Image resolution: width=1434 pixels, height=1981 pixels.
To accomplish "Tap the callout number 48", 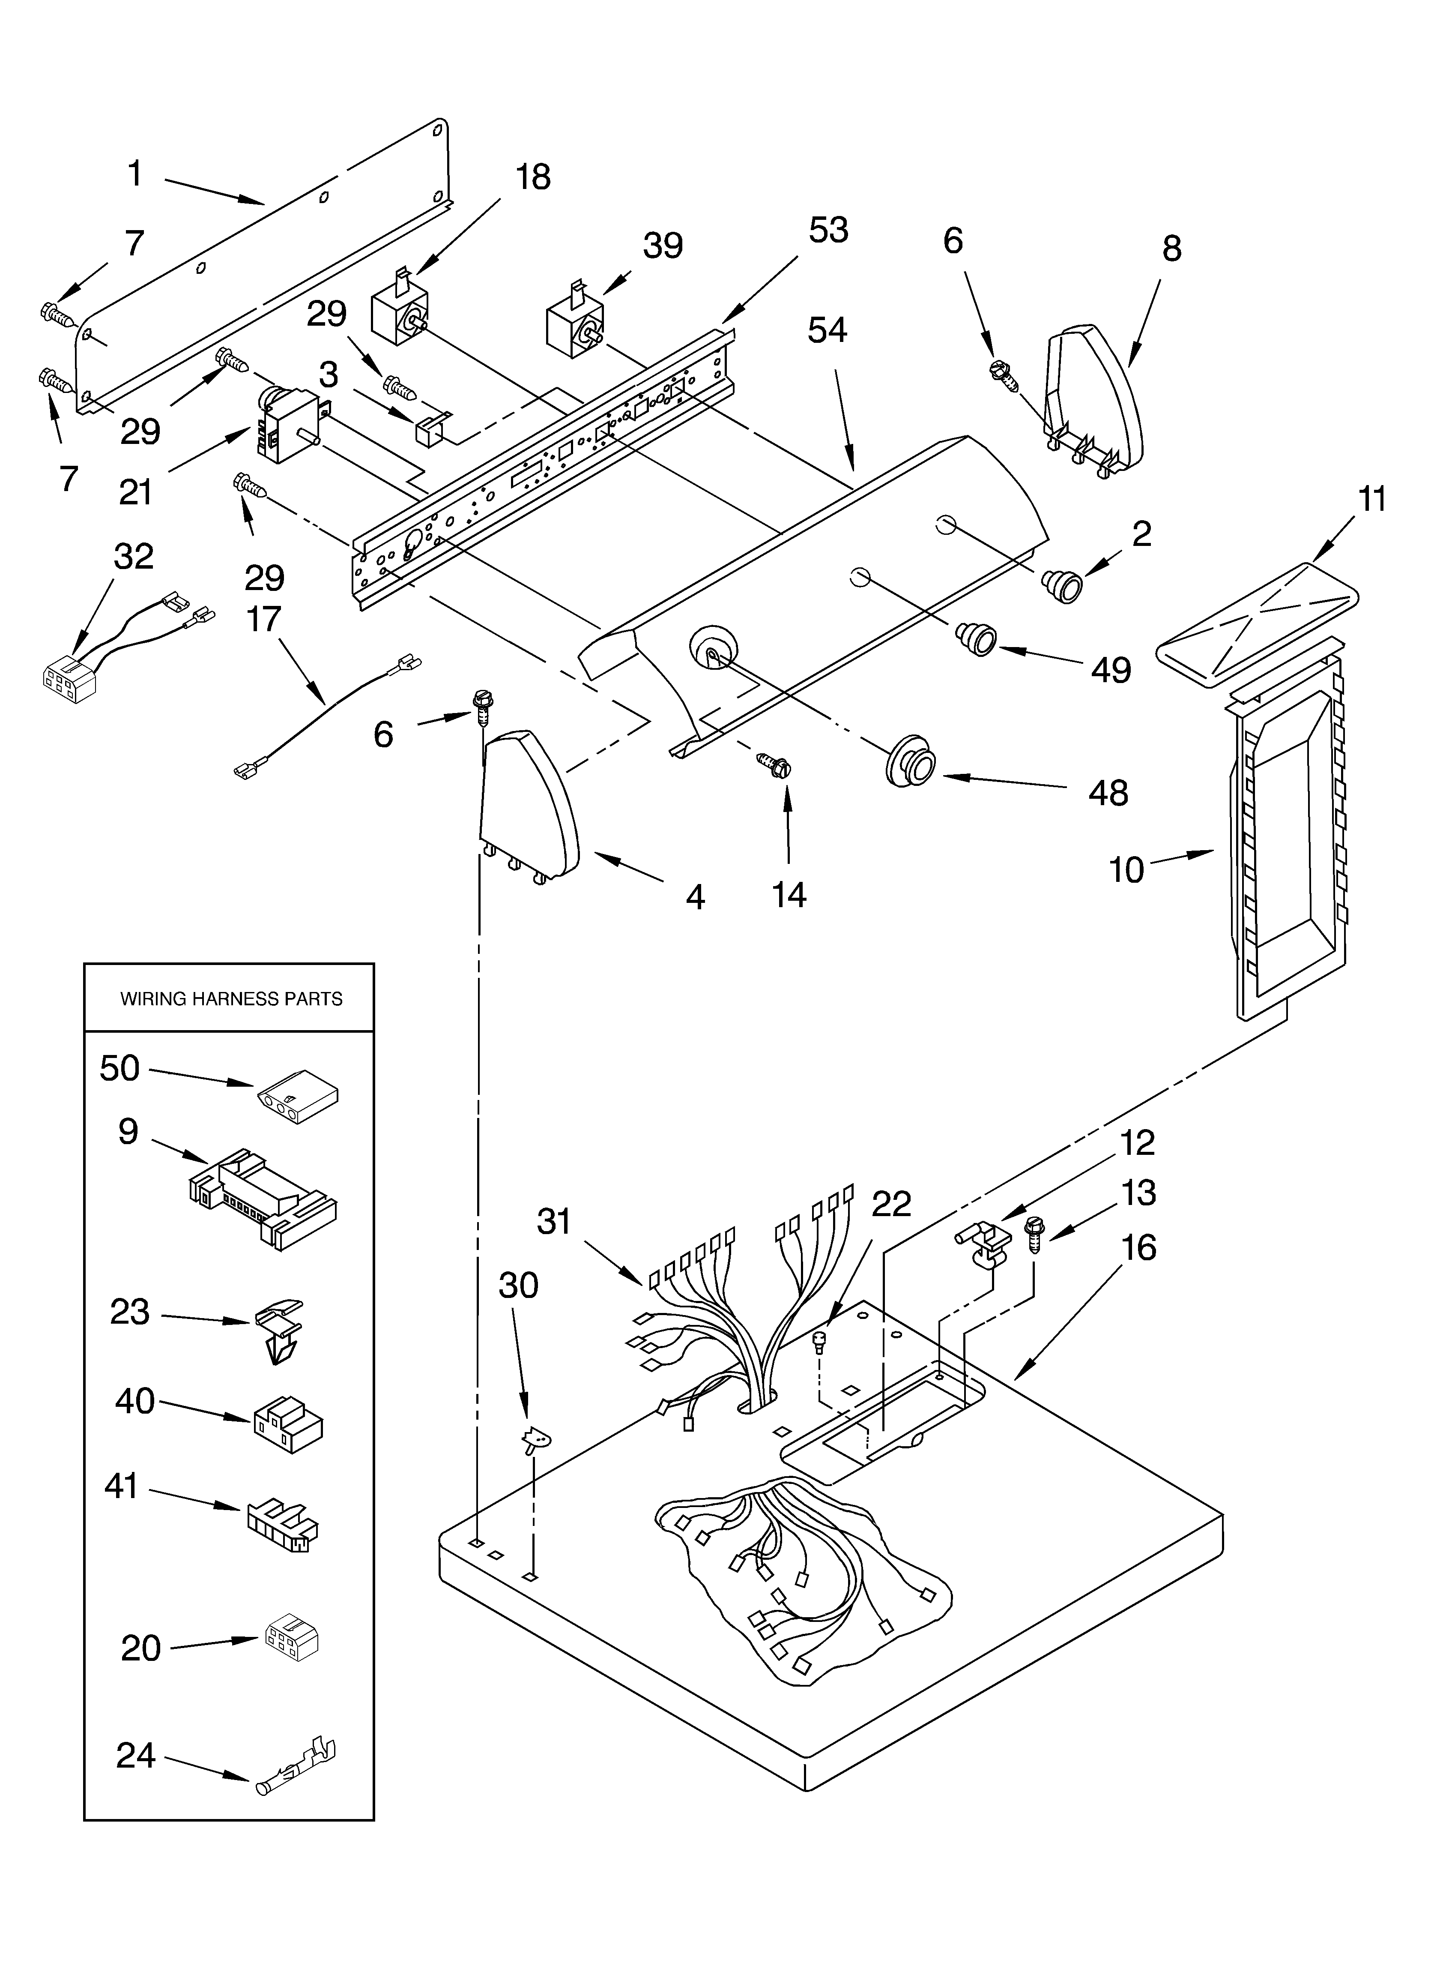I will [x=1108, y=793].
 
